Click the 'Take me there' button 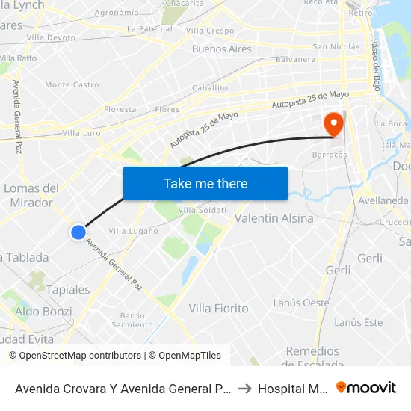[x=205, y=183]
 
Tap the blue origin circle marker [x=78, y=232]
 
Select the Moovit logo [x=366, y=387]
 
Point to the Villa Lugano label [x=133, y=232]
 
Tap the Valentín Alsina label [x=274, y=218]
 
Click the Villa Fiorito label [x=218, y=308]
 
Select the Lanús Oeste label [x=301, y=303]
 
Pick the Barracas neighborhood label [x=330, y=155]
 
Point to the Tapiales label [x=68, y=290]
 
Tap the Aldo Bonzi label [x=44, y=312]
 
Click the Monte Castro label [x=72, y=85]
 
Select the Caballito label [x=210, y=87]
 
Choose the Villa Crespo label [x=210, y=31]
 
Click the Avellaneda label [x=383, y=200]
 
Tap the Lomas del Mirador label [x=31, y=195]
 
